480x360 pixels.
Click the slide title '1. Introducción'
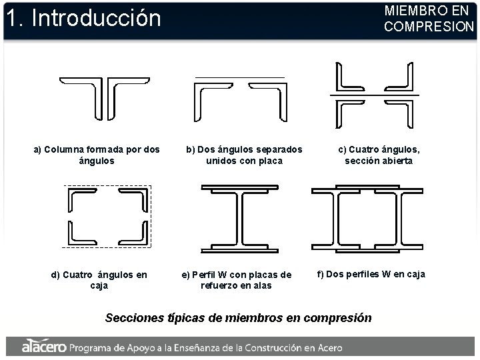pos(83,18)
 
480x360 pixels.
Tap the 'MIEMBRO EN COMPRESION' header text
pos(428,19)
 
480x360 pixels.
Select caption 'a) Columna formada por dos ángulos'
pos(97,155)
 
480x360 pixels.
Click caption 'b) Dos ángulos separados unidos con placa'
pos(244,155)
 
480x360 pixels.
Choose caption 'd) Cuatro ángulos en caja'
pos(99,280)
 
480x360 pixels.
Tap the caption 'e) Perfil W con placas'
pos(237,280)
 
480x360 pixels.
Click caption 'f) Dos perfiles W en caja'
pos(371,274)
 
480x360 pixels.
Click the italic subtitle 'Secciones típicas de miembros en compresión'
pos(239,317)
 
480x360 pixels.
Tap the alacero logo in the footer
pos(43,347)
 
